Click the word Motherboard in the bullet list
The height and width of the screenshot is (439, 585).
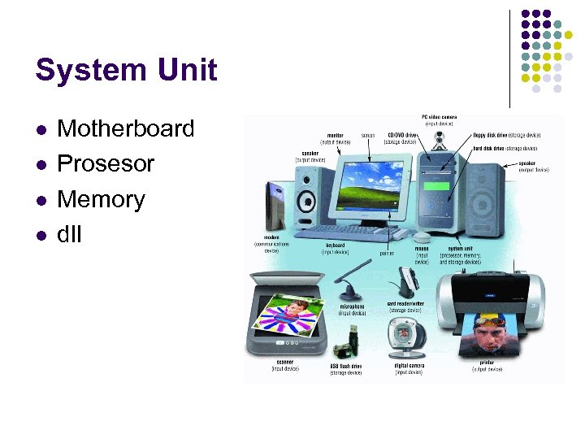pyautogui.click(x=126, y=128)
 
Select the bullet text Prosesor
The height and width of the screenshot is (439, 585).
pyautogui.click(x=106, y=163)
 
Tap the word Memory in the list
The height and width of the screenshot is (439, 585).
pyautogui.click(x=101, y=199)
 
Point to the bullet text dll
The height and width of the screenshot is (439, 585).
pyautogui.click(x=71, y=235)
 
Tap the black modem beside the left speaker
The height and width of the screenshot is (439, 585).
pyautogui.click(x=273, y=207)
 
